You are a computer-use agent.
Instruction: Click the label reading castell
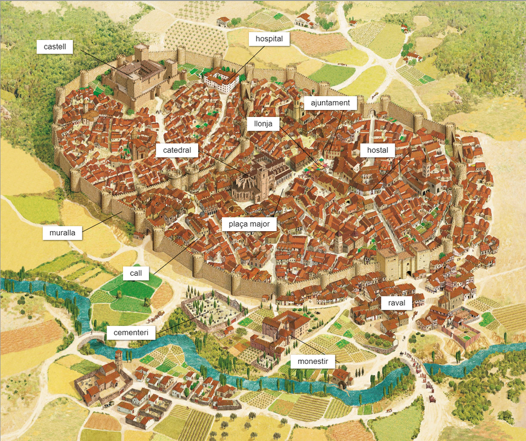58,46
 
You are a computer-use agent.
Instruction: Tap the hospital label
269,39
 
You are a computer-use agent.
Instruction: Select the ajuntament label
330,103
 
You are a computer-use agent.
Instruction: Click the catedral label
177,151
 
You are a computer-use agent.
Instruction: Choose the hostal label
377,151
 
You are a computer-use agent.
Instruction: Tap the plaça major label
249,224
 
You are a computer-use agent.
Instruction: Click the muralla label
62,233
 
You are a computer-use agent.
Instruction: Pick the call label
136,273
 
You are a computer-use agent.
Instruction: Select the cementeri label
131,333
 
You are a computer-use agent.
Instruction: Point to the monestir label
312,360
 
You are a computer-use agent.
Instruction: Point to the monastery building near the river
285,329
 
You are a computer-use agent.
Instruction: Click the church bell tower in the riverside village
118,360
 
